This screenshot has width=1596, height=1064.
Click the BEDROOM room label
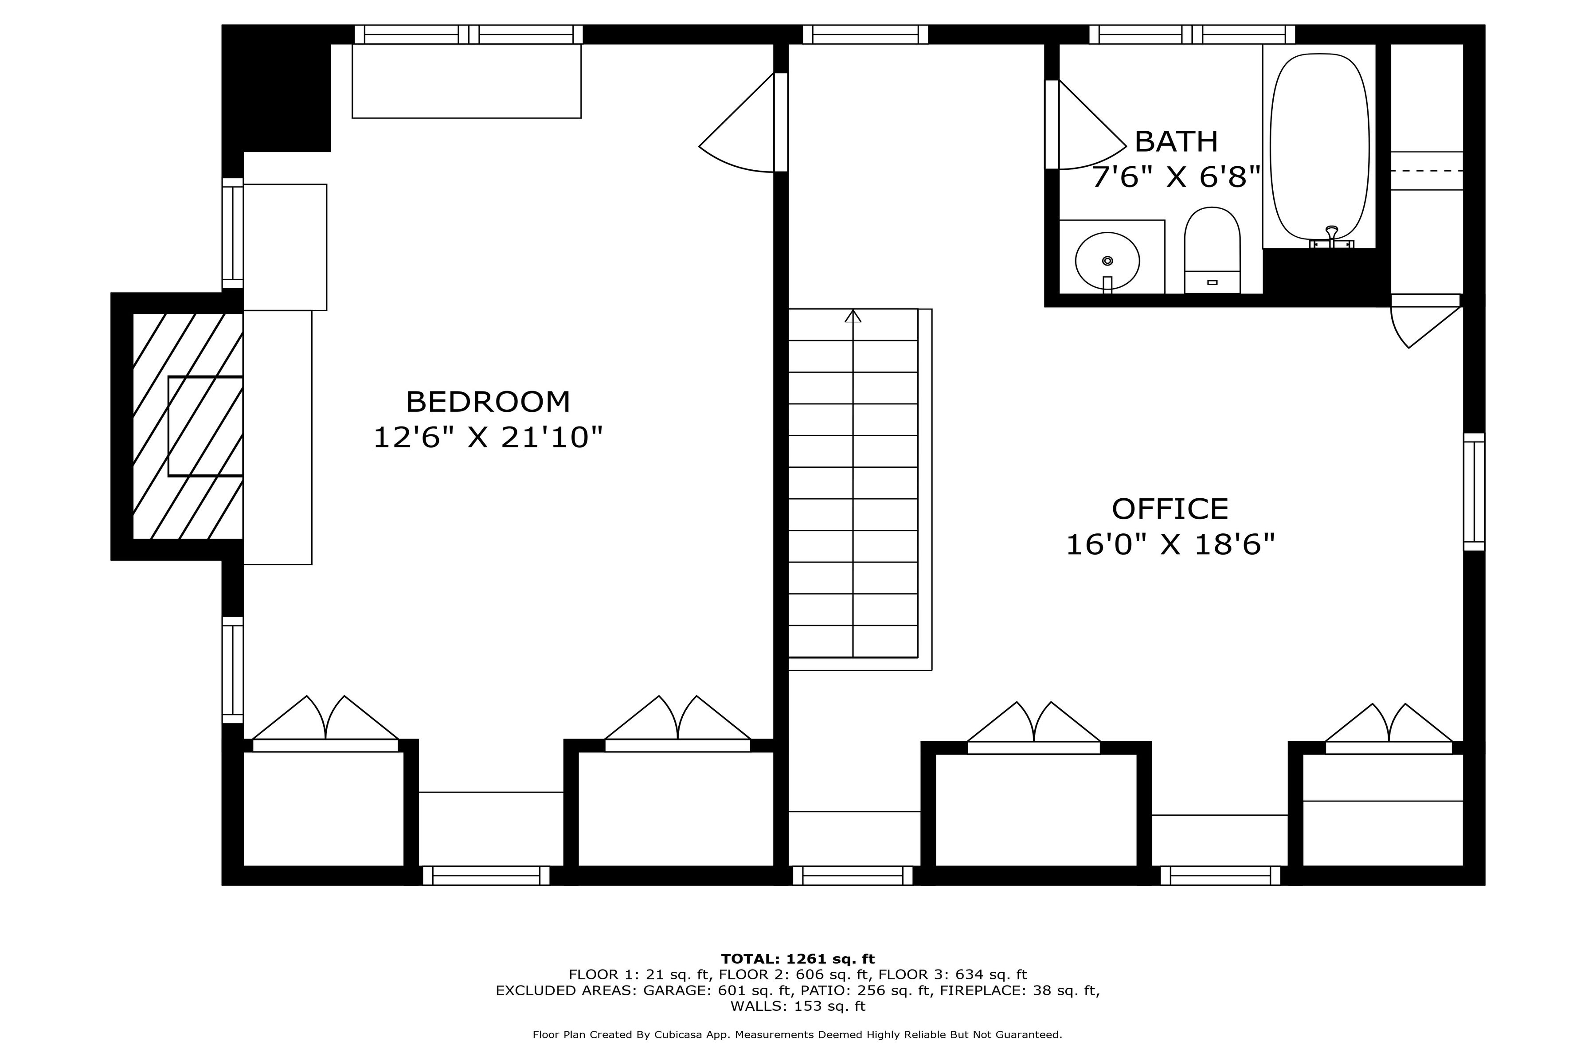tap(488, 402)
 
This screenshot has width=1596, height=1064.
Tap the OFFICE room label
tap(1170, 509)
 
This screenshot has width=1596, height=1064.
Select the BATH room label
tap(1176, 141)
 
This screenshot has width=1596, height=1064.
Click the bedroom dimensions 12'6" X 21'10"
tap(488, 437)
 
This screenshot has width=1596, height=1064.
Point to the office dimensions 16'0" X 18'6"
tap(1170, 544)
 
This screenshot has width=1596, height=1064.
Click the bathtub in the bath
tap(1319, 146)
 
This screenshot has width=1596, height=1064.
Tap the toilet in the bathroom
tap(1212, 250)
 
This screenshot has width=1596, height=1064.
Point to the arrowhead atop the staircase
tap(853, 316)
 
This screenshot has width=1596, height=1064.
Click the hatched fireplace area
tap(188, 426)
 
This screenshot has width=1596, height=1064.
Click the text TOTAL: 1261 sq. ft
tap(798, 959)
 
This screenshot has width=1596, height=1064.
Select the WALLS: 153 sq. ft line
tap(798, 1006)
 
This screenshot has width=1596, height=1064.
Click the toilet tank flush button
tap(1213, 282)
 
